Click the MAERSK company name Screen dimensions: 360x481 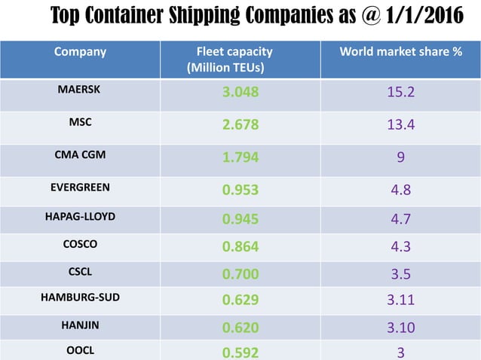(79, 89)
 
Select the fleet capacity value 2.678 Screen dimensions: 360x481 (240, 125)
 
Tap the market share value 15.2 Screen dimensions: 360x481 (400, 93)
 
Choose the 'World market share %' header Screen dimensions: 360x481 (400, 52)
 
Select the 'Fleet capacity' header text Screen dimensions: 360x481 (234, 52)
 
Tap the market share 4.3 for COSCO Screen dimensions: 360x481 (400, 246)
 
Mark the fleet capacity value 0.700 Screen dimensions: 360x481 (240, 273)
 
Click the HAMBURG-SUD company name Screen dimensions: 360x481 (79, 297)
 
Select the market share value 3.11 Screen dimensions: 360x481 (400, 300)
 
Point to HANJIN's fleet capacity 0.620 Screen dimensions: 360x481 (240, 328)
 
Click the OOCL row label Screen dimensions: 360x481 (79, 351)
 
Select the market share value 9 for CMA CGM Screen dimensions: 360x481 (400, 157)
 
